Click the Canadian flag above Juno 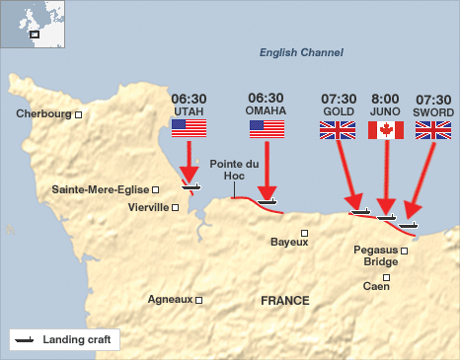386,129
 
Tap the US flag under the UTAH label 189,129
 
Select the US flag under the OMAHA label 267,129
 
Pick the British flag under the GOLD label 339,129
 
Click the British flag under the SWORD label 433,129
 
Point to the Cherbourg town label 44,114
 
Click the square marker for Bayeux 305,234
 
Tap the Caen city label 376,286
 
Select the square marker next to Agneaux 198,299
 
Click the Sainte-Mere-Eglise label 100,189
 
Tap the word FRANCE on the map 284,300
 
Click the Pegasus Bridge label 376,255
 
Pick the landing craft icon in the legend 25,339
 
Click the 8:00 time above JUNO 385,100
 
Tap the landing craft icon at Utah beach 191,184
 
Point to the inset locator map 33,24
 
